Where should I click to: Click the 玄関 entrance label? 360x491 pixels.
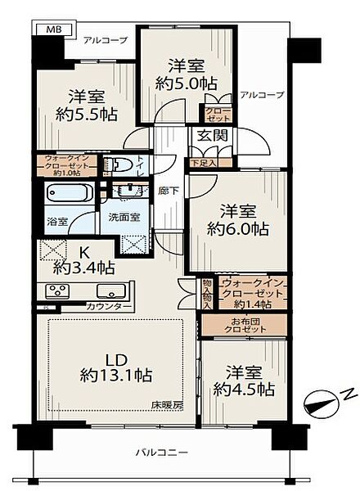click(x=209, y=137)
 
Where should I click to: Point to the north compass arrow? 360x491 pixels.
click(x=321, y=401)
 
